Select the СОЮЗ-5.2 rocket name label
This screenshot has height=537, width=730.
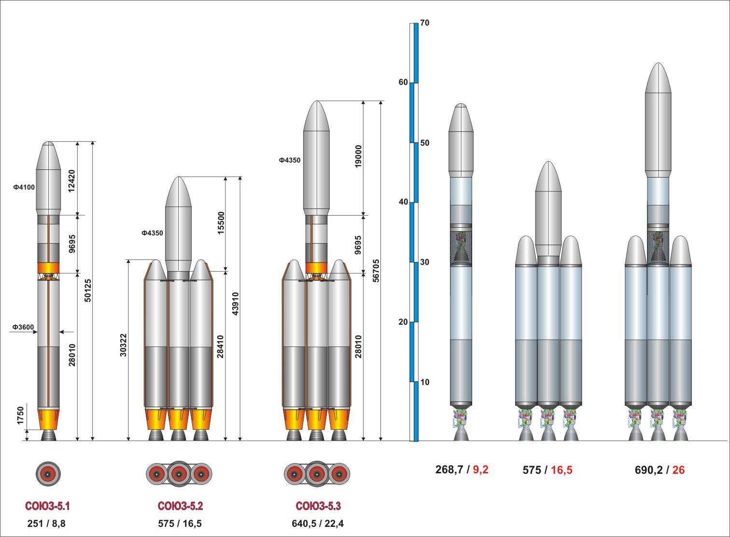click(180, 506)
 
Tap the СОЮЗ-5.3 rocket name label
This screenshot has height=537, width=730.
click(318, 506)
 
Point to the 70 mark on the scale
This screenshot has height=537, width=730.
click(425, 23)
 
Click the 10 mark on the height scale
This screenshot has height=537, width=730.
click(425, 382)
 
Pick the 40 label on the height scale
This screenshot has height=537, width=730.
click(404, 202)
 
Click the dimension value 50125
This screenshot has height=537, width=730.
click(88, 290)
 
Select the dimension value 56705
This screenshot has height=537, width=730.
click(376, 271)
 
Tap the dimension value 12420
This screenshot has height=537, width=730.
click(71, 181)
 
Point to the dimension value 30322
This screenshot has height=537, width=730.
click(123, 344)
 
